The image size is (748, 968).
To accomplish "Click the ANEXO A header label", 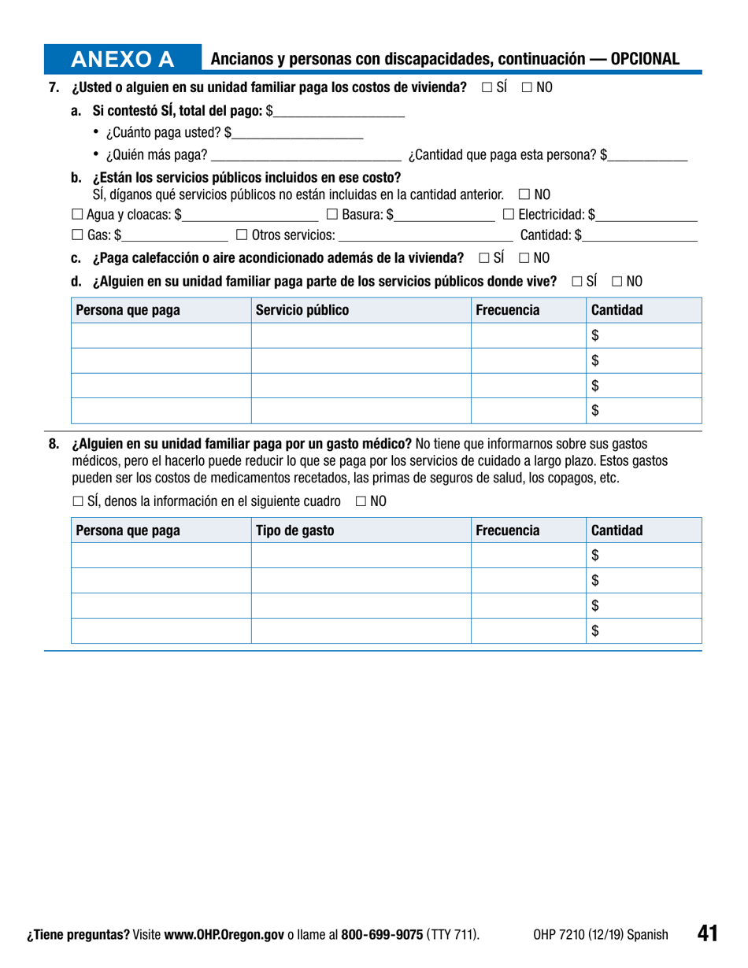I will pos(133,59).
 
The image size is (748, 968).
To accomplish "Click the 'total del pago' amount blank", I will pos(339,113).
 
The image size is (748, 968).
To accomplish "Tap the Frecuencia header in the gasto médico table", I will pos(508,530).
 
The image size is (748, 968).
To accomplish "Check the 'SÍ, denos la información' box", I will pos(76,501).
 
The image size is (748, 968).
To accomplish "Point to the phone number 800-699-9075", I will pos(382,935).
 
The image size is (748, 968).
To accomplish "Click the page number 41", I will pos(706,933).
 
